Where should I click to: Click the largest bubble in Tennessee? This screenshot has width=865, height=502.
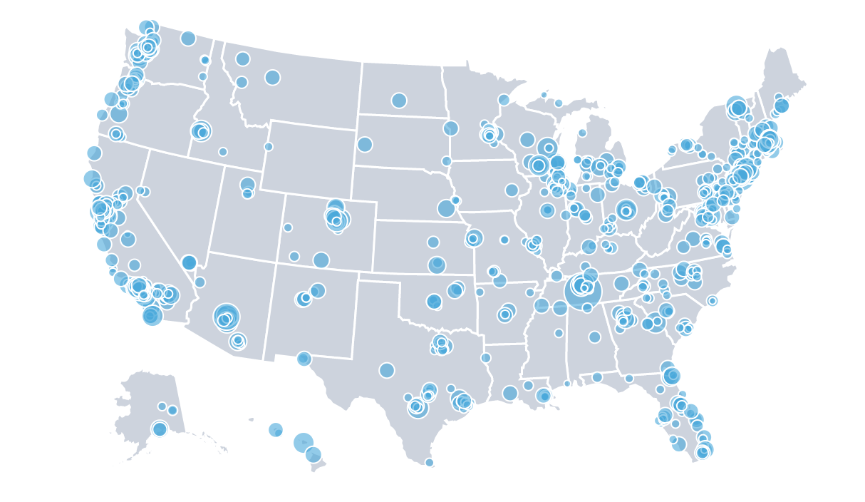point(583,291)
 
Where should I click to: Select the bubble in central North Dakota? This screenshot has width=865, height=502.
point(399,101)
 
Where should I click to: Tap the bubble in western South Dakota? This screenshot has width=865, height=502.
point(365,144)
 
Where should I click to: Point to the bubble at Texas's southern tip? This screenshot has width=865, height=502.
point(429,462)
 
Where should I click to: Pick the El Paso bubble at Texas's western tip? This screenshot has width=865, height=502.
point(304,358)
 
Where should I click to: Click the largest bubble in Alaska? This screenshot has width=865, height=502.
point(160,429)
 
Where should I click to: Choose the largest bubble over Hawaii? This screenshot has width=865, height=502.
point(303,442)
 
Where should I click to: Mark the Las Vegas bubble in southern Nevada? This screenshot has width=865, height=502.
point(189,262)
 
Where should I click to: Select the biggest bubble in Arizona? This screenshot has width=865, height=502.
point(227,316)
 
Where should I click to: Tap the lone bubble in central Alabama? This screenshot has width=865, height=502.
point(594,337)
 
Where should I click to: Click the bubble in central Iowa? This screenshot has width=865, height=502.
point(512,190)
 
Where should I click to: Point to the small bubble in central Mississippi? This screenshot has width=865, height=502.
point(559,333)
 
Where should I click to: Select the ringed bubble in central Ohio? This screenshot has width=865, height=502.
point(626,210)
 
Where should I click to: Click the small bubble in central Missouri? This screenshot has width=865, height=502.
point(504,240)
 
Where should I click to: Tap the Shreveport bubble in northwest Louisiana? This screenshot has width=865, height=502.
point(486,357)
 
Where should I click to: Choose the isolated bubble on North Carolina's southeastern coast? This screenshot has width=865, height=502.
point(712,300)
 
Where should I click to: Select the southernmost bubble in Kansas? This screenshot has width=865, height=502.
point(437,265)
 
